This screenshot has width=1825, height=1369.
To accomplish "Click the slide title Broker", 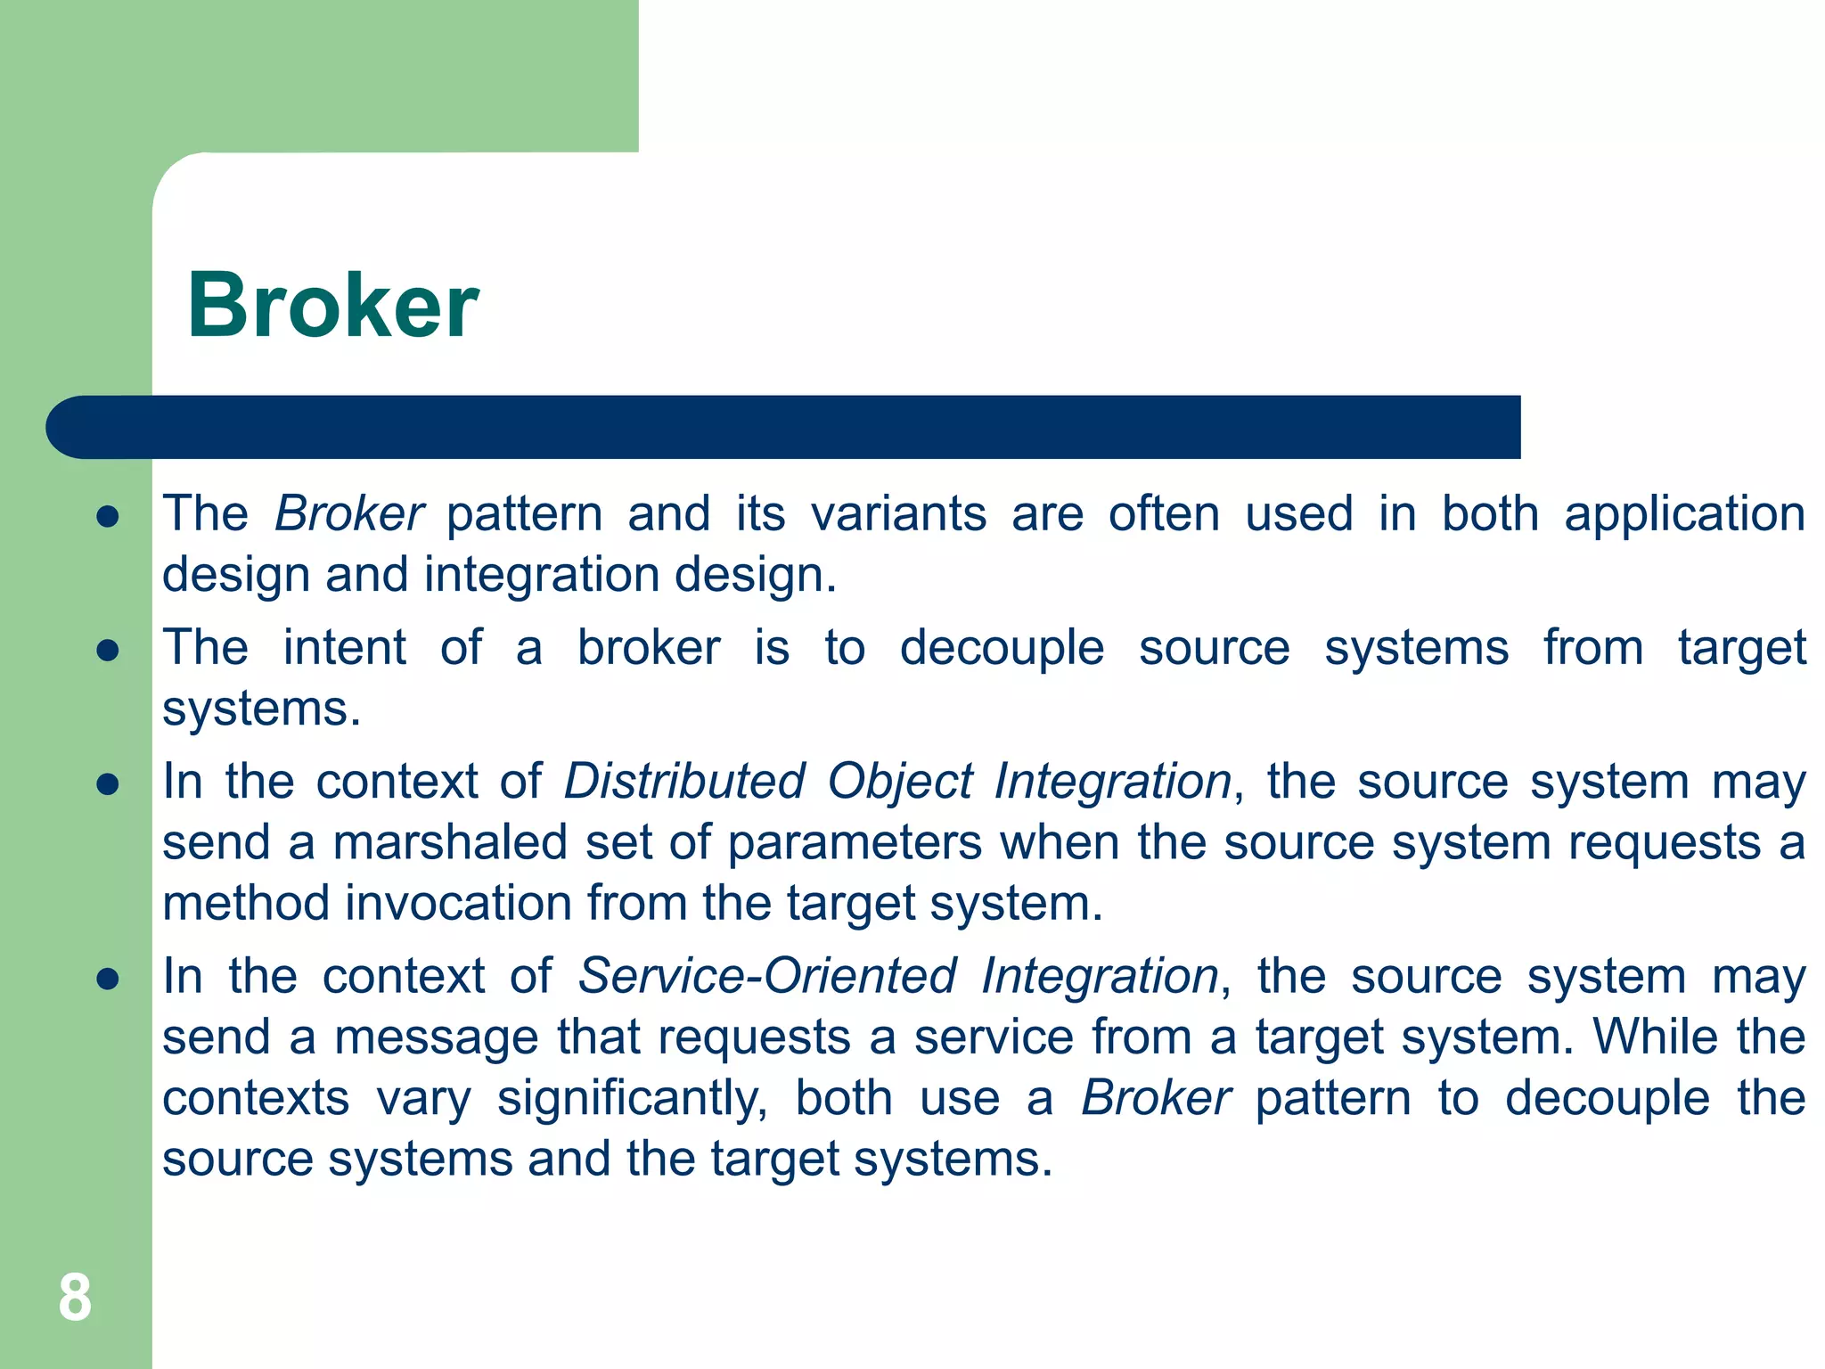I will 332,306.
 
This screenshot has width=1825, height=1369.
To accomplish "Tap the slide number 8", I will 75,1298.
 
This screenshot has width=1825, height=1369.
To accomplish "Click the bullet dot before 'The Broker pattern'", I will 108,517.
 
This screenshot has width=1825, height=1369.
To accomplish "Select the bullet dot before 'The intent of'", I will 108,651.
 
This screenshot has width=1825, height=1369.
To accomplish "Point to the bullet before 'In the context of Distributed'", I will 108,784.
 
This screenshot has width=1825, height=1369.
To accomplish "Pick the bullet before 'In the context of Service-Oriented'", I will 108,980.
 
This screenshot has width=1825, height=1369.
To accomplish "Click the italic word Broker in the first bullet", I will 348,514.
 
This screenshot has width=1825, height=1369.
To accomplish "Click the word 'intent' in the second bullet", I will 344,648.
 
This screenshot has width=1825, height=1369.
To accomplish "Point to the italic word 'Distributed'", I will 684,782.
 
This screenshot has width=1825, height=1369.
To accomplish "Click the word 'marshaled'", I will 450,843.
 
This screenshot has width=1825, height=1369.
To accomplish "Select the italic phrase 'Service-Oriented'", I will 767,976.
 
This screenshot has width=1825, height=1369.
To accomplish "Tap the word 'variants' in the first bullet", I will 898,514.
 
